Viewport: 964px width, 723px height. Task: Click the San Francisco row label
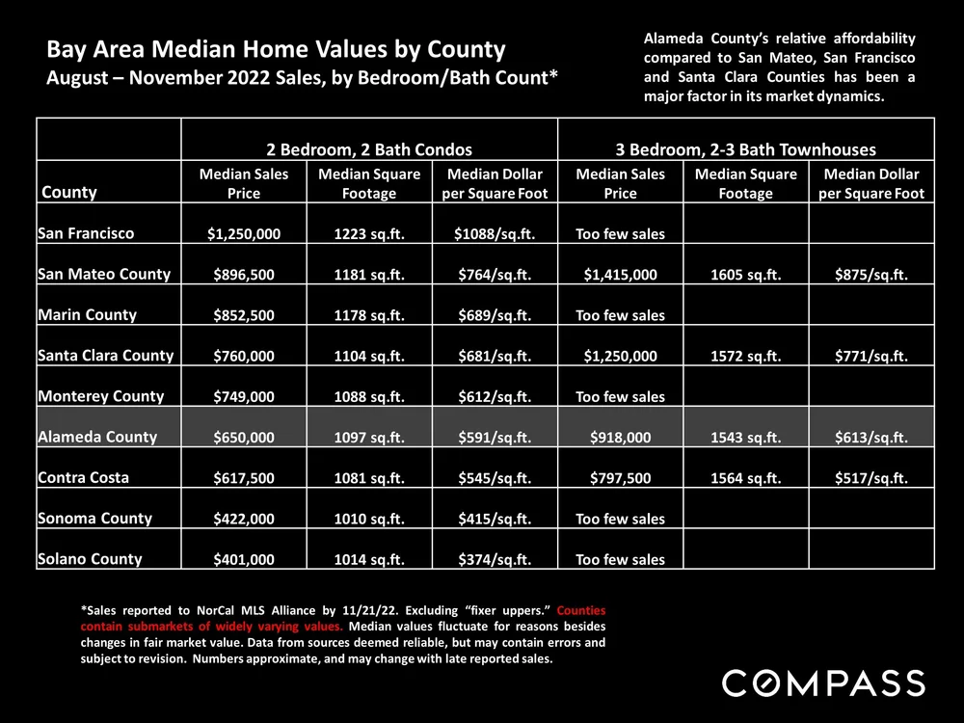pyautogui.click(x=86, y=233)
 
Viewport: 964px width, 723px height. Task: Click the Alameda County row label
pyautogui.click(x=96, y=437)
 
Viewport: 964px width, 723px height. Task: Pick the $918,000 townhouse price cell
pyautogui.click(x=620, y=438)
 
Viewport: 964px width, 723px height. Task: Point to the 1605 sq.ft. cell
pyautogui.click(x=745, y=275)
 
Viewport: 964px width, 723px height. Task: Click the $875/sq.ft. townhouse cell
pyautogui.click(x=870, y=275)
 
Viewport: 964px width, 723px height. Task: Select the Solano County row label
pyautogui.click(x=90, y=559)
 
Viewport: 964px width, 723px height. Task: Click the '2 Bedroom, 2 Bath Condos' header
pyautogui.click(x=369, y=149)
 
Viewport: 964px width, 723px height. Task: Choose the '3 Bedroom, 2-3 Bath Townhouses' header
pyautogui.click(x=745, y=149)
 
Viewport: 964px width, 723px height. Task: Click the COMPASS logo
pyautogui.click(x=823, y=683)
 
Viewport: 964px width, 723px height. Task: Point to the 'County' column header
pyautogui.click(x=68, y=192)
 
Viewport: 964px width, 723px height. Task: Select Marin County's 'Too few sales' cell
pyautogui.click(x=620, y=315)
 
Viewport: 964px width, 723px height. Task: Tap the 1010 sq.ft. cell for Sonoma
pyautogui.click(x=368, y=519)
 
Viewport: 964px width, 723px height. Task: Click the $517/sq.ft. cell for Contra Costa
pyautogui.click(x=870, y=478)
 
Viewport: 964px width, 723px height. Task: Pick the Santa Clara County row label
pyautogui.click(x=105, y=356)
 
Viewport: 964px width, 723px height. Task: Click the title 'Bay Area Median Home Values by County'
pyautogui.click(x=276, y=49)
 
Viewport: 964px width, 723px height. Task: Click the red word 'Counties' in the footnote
pyautogui.click(x=581, y=610)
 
